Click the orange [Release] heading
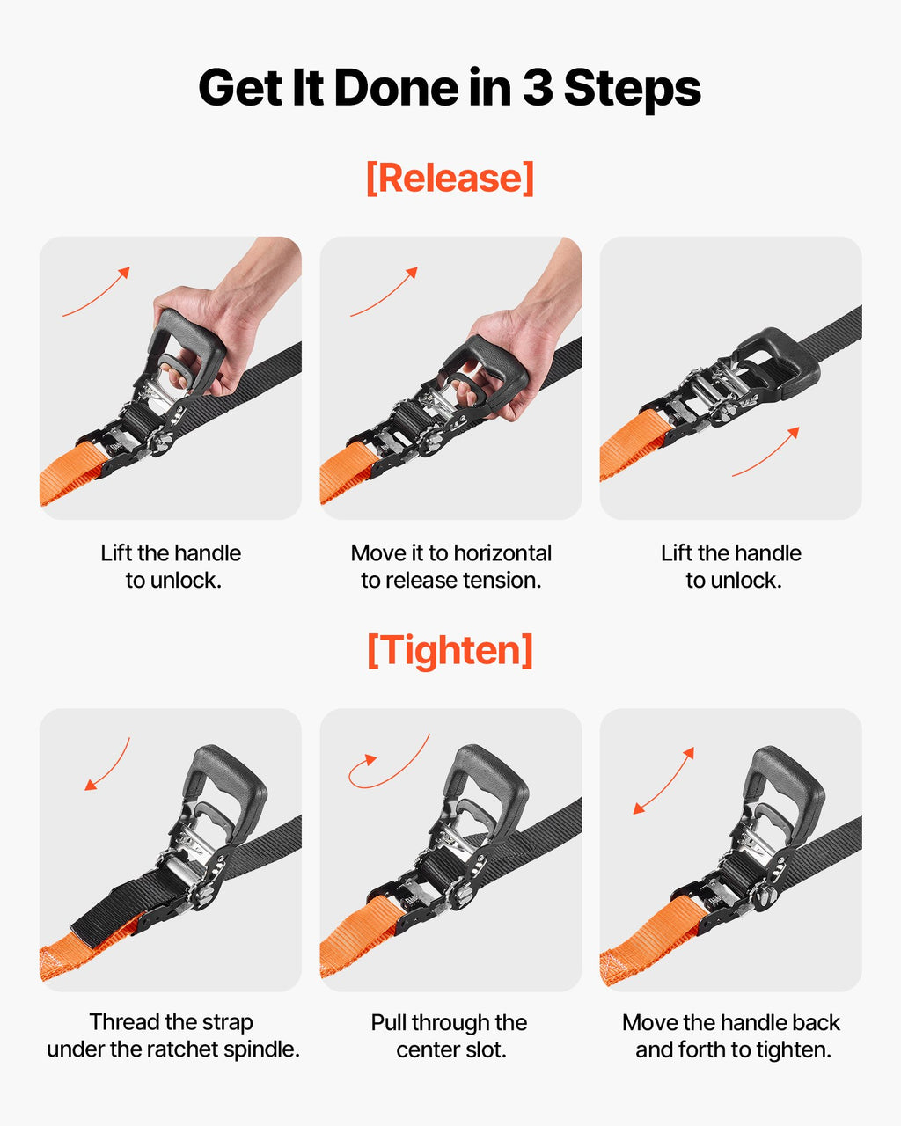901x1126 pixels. (450, 179)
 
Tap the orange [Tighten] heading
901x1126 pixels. (450, 650)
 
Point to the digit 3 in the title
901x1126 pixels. (537, 87)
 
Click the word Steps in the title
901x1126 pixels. (633, 89)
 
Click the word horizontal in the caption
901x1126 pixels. (502, 553)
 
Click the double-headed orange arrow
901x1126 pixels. (663, 780)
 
